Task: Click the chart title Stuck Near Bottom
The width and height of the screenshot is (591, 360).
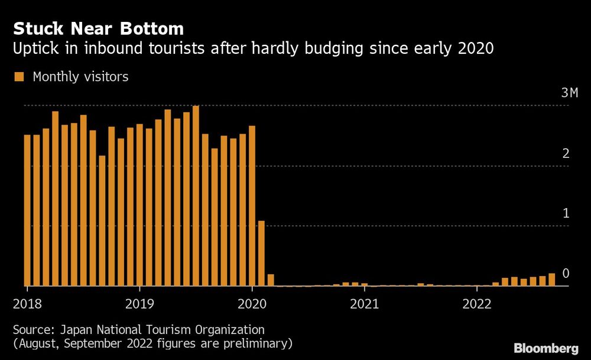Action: [98, 28]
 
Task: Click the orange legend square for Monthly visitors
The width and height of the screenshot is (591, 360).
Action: [19, 77]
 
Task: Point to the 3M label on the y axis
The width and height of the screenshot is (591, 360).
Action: [569, 93]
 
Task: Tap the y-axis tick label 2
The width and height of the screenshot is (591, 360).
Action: [566, 154]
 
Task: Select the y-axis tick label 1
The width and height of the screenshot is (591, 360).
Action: [566, 213]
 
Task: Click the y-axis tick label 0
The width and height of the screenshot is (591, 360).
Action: [566, 273]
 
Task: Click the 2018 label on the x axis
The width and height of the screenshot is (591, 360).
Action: [27, 304]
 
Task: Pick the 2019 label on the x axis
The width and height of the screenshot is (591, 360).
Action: [139, 304]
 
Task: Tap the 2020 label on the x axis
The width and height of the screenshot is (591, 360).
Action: [252, 304]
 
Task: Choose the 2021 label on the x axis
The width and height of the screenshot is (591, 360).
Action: [365, 304]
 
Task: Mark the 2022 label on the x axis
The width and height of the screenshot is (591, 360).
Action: [477, 304]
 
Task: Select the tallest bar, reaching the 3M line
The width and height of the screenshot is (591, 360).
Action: [196, 195]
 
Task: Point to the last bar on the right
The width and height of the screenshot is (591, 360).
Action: [552, 280]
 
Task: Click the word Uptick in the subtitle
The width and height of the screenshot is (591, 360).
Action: [34, 49]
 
